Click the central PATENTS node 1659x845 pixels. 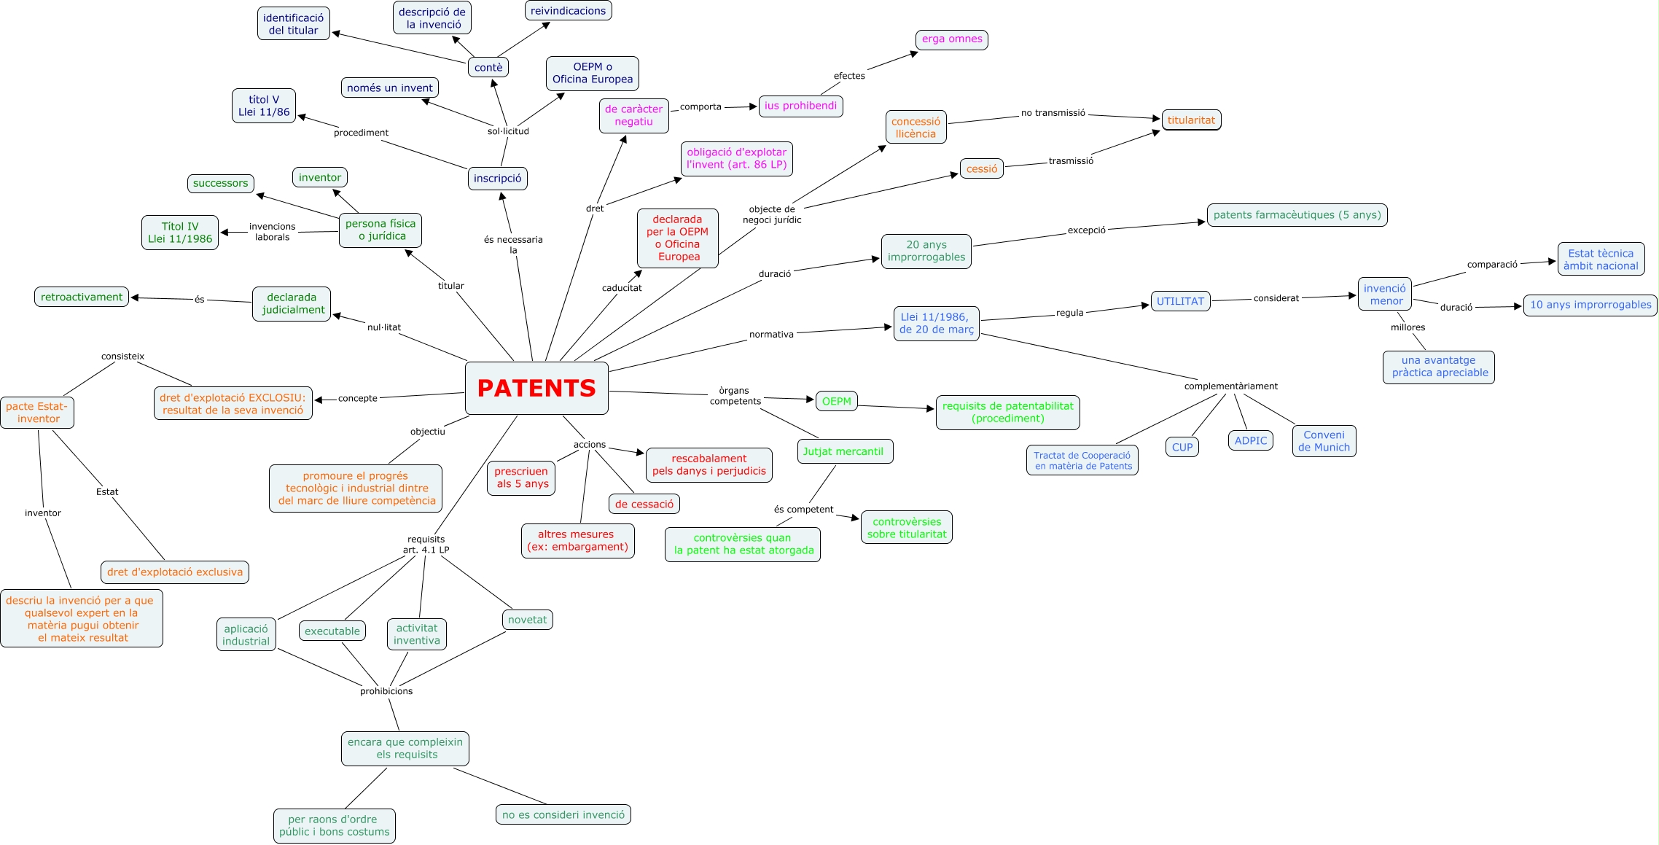[536, 388]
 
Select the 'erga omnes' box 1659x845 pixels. [951, 39]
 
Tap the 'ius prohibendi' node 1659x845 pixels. [800, 106]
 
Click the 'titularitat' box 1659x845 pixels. [1191, 120]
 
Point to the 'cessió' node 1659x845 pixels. [981, 168]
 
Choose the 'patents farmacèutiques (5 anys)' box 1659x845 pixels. [1297, 215]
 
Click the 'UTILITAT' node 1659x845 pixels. [1180, 301]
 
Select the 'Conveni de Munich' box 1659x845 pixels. [1324, 441]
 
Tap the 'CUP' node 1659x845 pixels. [1182, 447]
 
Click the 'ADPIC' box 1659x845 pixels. [1250, 440]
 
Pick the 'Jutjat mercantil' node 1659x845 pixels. [844, 451]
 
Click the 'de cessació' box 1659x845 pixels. [644, 504]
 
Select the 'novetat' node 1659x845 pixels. [527, 620]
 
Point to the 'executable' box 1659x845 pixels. [332, 631]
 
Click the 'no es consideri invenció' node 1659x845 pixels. [563, 814]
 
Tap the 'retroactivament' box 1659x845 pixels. [82, 297]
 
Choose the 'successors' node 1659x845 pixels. [220, 183]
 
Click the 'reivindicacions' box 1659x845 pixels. [568, 11]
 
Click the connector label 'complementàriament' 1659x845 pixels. [1230, 386]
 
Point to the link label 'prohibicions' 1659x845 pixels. [386, 691]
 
